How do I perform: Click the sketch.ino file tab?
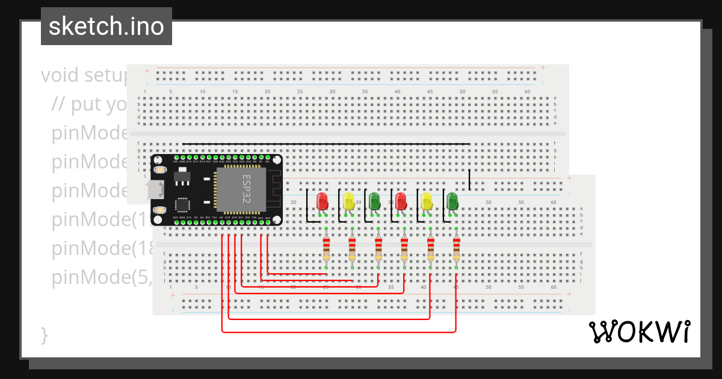(106, 26)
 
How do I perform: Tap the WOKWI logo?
(638, 332)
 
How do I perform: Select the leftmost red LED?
(322, 201)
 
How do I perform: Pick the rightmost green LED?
(452, 201)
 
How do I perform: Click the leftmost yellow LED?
(348, 201)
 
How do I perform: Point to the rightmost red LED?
(401, 201)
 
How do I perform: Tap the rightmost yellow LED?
(427, 201)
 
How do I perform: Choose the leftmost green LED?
(374, 201)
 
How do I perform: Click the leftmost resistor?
(326, 248)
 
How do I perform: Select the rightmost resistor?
(456, 248)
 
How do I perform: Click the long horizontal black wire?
(325, 144)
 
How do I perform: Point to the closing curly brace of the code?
(44, 334)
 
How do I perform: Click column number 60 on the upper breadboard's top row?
(527, 91)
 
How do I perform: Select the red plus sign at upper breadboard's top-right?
(543, 67)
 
